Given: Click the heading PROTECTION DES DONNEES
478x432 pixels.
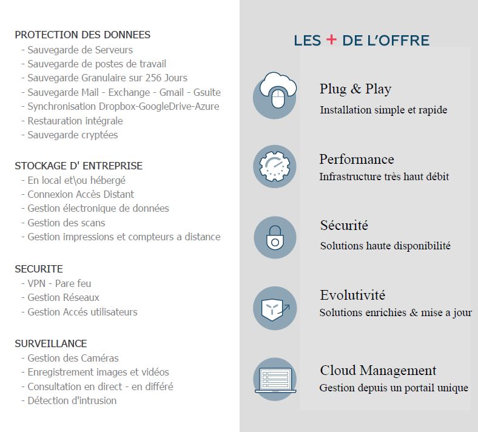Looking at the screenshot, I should point(82,35).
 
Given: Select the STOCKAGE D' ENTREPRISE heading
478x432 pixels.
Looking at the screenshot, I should point(79,166).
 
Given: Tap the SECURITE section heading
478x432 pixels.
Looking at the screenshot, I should point(39,269).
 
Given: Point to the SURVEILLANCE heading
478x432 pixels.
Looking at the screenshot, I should point(51,343).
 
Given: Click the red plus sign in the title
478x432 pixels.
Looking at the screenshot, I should point(331,40).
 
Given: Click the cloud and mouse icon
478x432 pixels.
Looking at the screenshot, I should point(275,95).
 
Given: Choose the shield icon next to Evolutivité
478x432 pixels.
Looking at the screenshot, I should point(275,308).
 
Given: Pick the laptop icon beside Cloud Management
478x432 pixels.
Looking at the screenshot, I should point(275,379).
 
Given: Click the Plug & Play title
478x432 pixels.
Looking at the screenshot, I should point(355,89).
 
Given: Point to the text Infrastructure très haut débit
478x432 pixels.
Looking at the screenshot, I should point(384,177).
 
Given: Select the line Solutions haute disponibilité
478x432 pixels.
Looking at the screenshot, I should point(385,246).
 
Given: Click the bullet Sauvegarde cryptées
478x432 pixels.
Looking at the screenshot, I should point(73,135).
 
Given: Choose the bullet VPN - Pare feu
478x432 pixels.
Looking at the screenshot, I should point(59,283).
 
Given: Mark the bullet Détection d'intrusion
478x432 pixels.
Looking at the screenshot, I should point(72,400).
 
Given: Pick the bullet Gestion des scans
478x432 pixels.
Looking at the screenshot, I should point(66,223).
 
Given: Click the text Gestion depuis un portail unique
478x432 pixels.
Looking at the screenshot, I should point(394,388).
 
